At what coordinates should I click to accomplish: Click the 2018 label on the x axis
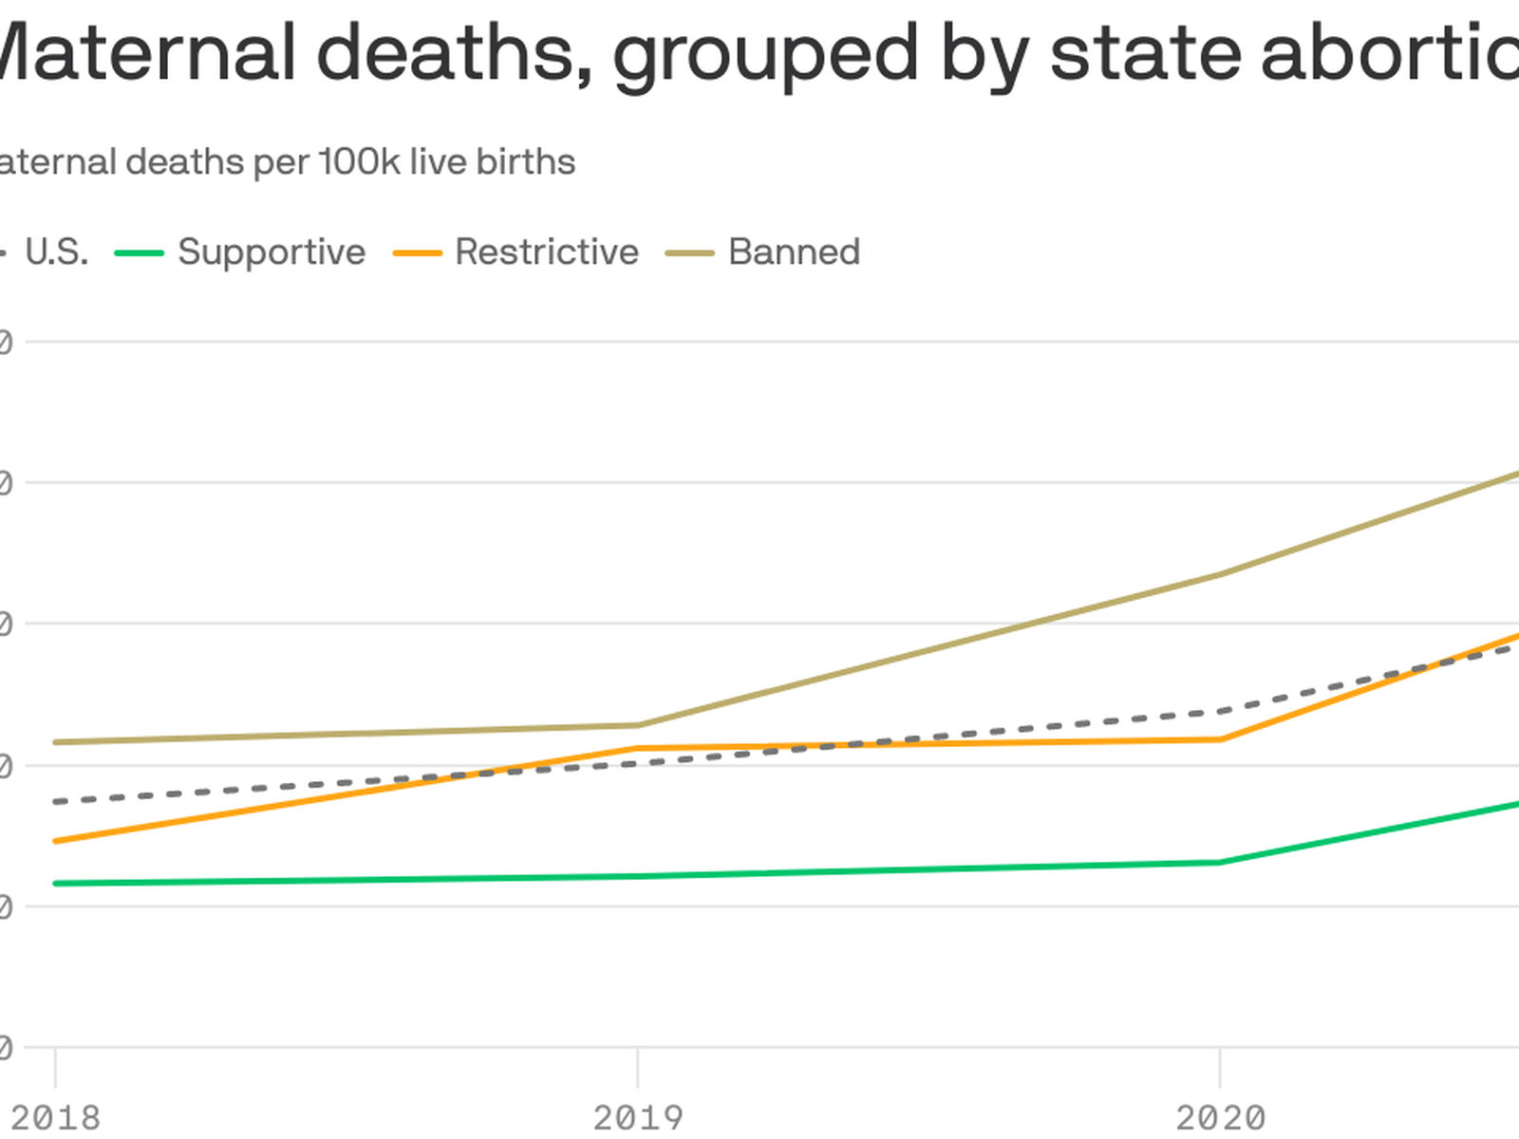click(55, 1117)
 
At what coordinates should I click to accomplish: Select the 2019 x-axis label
click(638, 1117)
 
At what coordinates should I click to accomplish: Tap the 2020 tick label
click(1220, 1117)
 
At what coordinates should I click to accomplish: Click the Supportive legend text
click(272, 252)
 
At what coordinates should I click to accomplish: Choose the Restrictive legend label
click(547, 252)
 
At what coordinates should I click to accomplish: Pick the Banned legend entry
click(794, 252)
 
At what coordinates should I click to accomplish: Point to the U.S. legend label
click(56, 252)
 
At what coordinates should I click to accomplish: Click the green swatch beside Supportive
click(139, 253)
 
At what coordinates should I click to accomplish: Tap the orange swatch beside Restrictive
click(417, 253)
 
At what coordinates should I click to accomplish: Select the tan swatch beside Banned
click(689, 253)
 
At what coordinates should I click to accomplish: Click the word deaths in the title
click(446, 52)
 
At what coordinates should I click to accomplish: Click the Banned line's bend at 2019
click(638, 725)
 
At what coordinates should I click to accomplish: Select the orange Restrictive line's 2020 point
click(1220, 739)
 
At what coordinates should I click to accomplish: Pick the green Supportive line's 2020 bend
click(1220, 862)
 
